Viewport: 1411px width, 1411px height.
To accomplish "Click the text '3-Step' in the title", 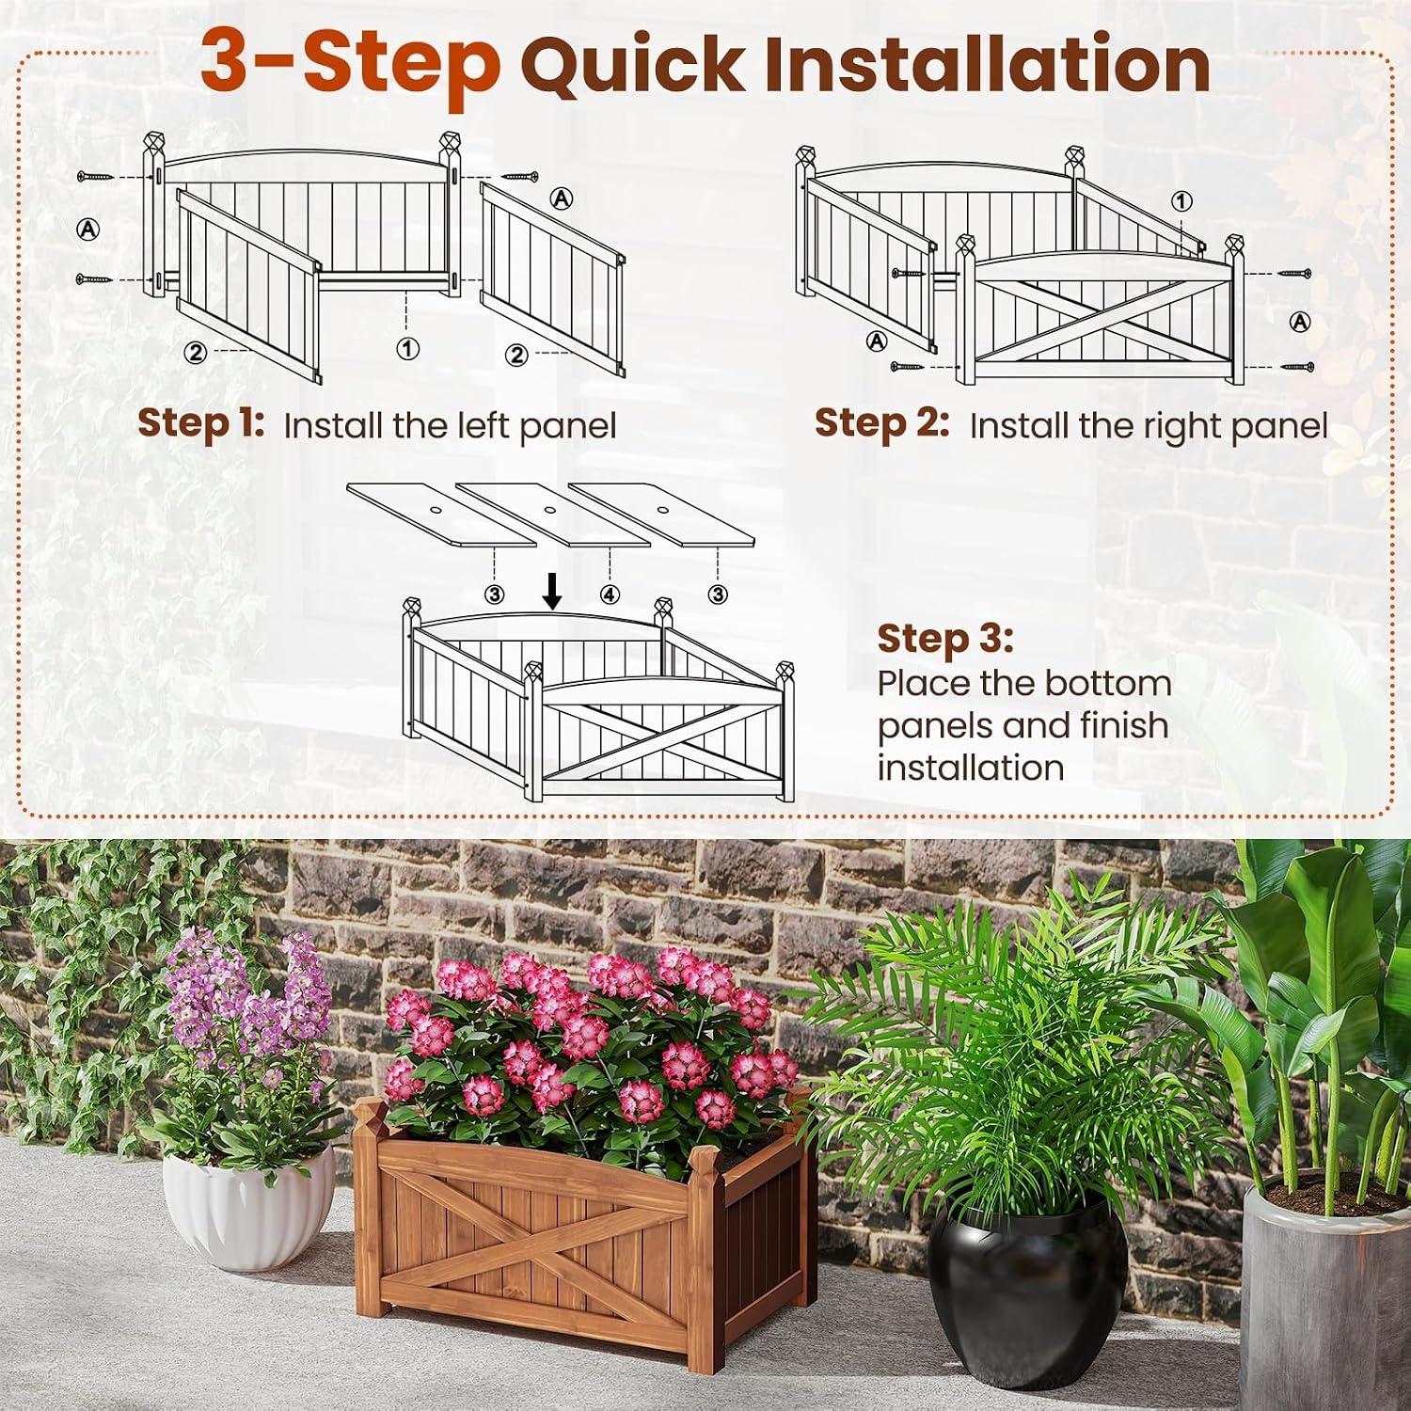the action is (350, 62).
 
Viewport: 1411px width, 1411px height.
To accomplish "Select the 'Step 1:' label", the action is (201, 423).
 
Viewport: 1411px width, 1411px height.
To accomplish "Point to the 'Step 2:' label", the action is (882, 423).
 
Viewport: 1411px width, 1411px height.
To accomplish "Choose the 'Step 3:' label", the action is (945, 639).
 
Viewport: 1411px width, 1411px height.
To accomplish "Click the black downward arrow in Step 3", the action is (553, 590).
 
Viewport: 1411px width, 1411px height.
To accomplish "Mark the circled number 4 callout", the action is (610, 595).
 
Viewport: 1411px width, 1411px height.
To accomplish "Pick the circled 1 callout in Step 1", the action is (407, 349).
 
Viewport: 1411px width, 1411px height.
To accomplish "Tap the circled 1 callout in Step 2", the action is (1181, 201).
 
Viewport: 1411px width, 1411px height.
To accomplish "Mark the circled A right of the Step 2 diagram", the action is (1299, 322).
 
